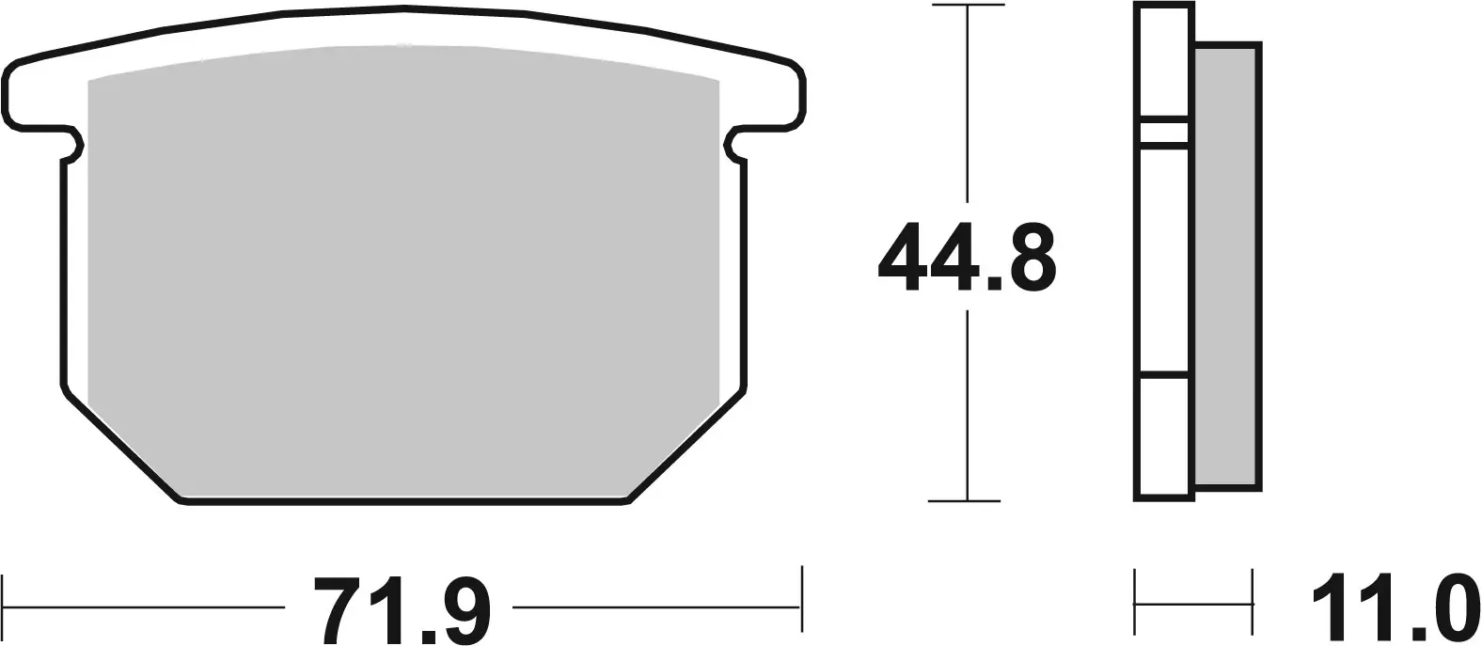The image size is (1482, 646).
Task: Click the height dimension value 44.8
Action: (x=967, y=257)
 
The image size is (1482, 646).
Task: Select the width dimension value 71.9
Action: (x=402, y=608)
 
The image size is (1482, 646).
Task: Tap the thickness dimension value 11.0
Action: (x=1392, y=608)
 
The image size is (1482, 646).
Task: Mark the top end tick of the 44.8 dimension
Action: (x=966, y=7)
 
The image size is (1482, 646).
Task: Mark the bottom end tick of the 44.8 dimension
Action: (x=966, y=500)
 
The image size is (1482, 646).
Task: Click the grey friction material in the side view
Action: (x=1226, y=263)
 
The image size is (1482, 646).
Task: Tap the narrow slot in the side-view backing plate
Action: (x=1164, y=133)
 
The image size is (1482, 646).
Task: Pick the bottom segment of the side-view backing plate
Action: (x=1164, y=436)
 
